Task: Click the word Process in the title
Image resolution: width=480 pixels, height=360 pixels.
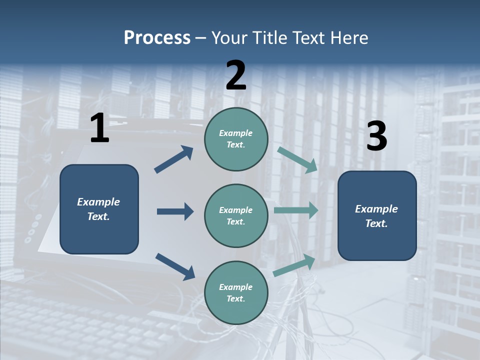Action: (157, 38)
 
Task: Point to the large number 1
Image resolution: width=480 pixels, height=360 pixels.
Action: (99, 128)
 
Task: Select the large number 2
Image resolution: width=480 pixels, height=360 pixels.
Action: (236, 75)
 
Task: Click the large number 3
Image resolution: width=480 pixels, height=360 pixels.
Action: (376, 136)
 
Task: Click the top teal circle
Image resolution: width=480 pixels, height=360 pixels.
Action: (236, 139)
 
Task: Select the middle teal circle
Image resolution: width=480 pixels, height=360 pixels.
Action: (236, 215)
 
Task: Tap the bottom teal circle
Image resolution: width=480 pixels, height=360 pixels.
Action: (236, 292)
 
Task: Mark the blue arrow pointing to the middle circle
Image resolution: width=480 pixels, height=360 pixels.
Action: (175, 211)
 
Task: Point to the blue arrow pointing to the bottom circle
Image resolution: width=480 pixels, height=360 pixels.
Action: (175, 266)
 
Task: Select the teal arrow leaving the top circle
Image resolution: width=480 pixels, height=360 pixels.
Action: (297, 160)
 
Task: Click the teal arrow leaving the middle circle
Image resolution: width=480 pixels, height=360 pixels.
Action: (296, 210)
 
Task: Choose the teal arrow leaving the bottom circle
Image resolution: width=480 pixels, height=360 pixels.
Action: (294, 265)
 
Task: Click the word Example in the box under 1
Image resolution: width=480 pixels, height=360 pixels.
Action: (98, 202)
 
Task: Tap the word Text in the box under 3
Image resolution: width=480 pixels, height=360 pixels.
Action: (376, 223)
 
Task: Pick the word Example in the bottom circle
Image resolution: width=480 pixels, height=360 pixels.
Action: (235, 287)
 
